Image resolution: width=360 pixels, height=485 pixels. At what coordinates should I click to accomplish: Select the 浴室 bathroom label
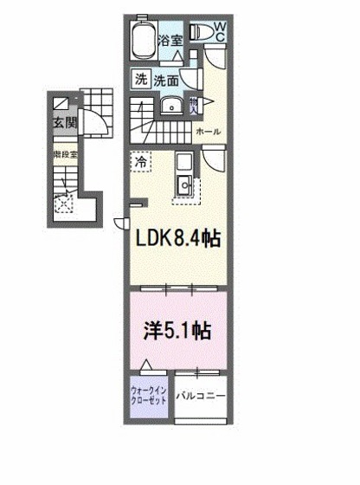click(x=170, y=40)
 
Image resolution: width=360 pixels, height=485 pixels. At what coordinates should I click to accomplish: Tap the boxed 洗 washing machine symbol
click(x=140, y=80)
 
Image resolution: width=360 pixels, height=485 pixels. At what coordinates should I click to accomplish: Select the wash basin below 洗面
click(x=170, y=107)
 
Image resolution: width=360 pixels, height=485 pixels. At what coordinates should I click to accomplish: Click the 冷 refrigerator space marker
click(x=139, y=160)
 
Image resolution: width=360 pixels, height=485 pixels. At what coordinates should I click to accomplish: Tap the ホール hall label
click(x=208, y=131)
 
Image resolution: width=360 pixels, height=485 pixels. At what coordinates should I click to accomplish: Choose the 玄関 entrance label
click(x=63, y=122)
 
